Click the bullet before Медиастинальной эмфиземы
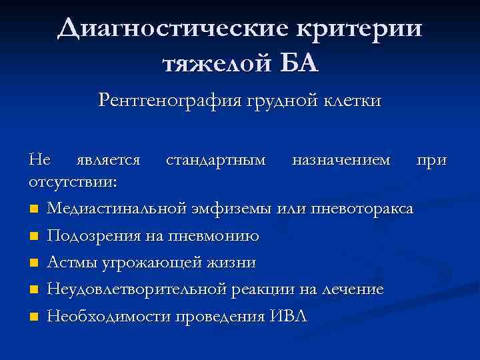click(x=34, y=210)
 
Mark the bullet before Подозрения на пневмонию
click(x=34, y=237)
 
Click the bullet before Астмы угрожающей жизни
click(x=34, y=263)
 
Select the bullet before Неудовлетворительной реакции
click(x=34, y=290)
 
